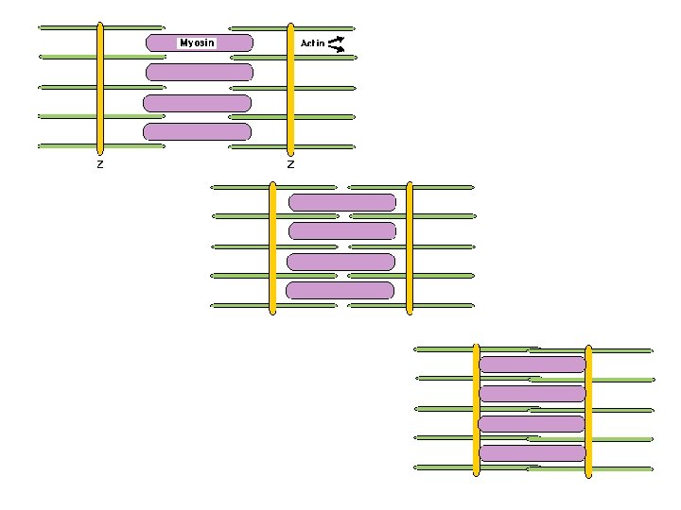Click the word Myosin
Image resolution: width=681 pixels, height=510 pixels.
198,42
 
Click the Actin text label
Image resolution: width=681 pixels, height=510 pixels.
312,43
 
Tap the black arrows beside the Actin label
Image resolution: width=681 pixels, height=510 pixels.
336,43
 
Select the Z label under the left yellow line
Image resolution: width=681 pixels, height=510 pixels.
100,164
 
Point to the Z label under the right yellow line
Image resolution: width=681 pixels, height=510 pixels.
290,164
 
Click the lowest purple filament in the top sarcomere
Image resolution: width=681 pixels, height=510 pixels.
197,131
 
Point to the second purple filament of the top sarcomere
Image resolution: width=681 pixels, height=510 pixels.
200,72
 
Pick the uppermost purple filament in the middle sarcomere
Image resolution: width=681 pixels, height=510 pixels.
342,202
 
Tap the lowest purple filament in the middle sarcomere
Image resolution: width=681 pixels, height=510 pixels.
340,290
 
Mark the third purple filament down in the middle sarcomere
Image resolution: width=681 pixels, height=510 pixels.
340,262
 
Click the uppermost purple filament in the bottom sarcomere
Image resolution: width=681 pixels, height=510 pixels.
533,365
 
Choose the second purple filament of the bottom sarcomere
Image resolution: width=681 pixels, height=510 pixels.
533,394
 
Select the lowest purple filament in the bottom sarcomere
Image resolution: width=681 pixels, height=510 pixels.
533,453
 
